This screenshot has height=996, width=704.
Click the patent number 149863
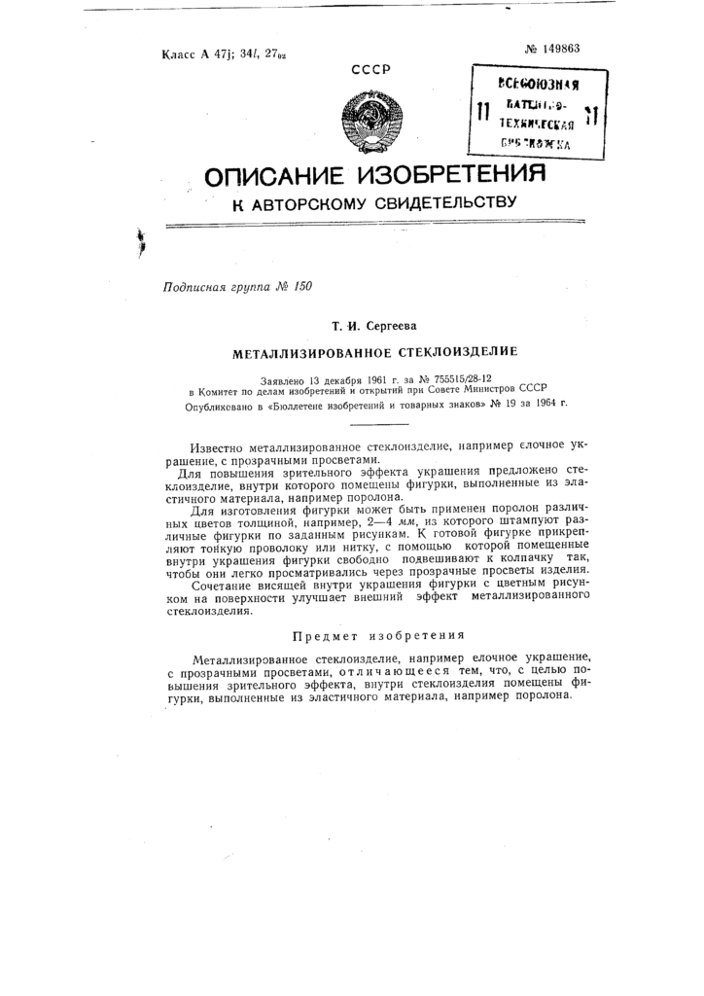551,49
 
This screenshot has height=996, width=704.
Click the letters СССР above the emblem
370,69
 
